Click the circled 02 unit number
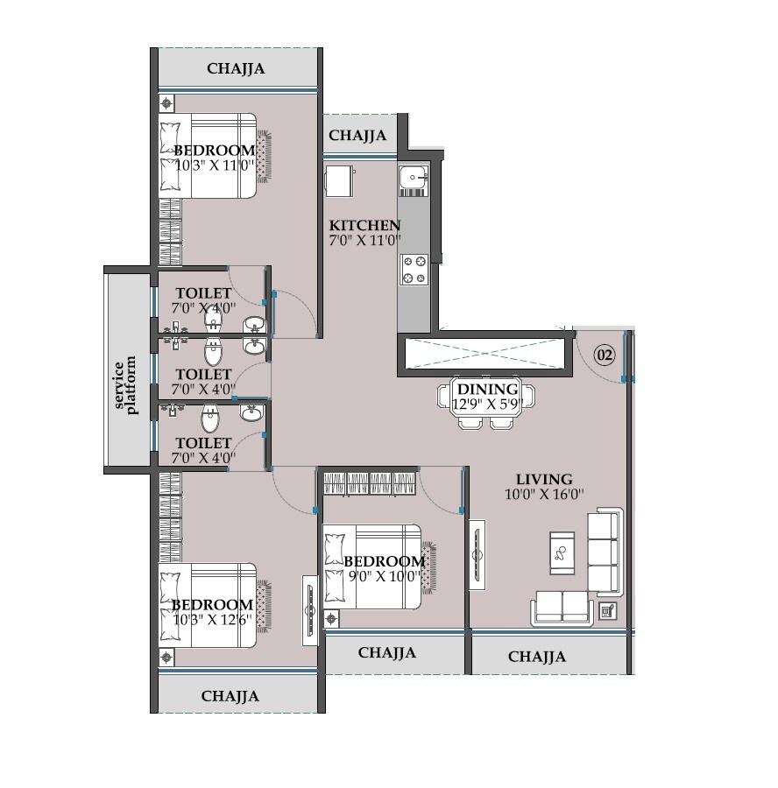tap(605, 355)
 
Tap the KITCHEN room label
tap(364, 225)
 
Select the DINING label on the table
tap(486, 390)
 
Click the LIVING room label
tap(543, 479)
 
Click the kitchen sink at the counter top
tap(412, 179)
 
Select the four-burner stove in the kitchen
tap(414, 270)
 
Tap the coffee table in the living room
tap(562, 552)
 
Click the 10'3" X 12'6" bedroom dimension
tap(213, 620)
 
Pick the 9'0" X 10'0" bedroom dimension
tap(384, 576)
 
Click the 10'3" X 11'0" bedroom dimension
tap(214, 165)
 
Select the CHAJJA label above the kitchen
tap(357, 136)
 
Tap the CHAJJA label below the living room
tap(536, 657)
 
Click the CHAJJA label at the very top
tap(236, 68)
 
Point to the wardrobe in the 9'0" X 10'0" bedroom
tap(369, 482)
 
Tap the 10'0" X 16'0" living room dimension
tap(543, 494)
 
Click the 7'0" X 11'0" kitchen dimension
tap(364, 239)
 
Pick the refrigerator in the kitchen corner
tap(338, 183)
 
